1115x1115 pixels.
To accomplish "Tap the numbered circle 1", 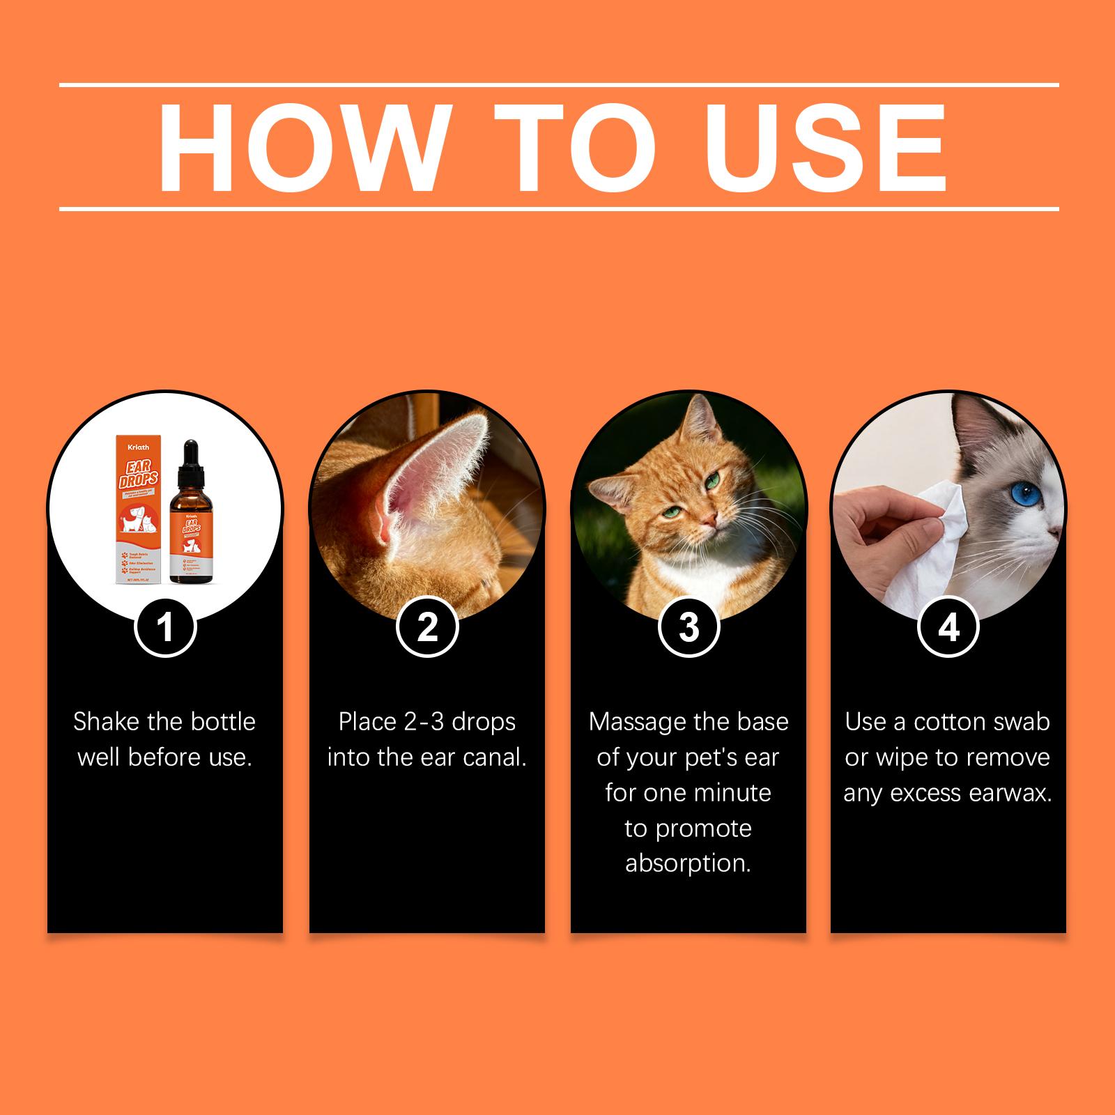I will (164, 627).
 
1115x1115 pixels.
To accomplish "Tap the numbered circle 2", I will (426, 627).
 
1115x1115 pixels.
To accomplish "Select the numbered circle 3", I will (689, 627).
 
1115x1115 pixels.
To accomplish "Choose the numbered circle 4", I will (948, 627).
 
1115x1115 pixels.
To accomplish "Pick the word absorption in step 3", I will (688, 863).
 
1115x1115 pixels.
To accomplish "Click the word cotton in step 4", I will (953, 722).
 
